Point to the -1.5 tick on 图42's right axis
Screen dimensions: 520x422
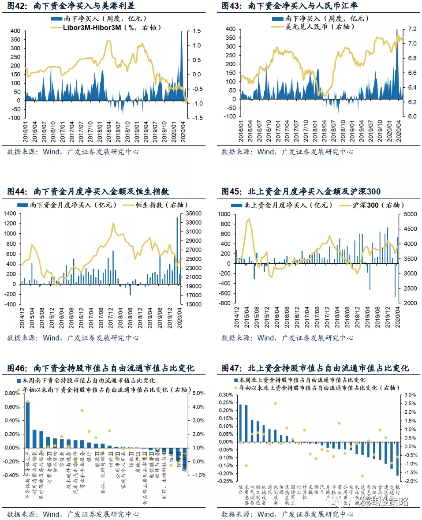[x=197, y=118]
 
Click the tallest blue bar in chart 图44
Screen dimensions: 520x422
[x=177, y=247]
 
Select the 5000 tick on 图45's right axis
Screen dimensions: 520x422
[x=411, y=214]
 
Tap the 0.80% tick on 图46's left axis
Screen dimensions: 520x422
[x=11, y=393]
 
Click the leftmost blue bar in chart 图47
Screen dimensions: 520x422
[x=240, y=423]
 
